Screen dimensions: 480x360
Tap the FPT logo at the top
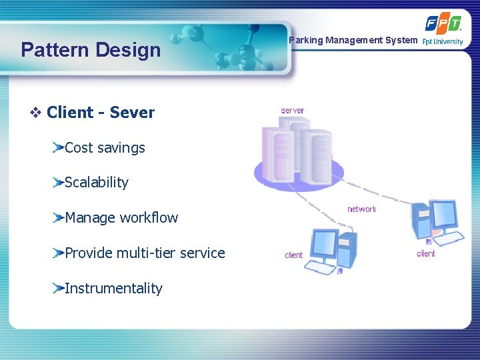click(x=443, y=24)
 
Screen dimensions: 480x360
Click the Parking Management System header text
click(x=353, y=40)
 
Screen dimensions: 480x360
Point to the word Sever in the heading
click(x=132, y=113)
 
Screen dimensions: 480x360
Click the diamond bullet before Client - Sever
click(x=36, y=113)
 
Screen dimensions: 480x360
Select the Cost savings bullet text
click(x=105, y=148)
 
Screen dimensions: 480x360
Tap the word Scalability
click(x=96, y=183)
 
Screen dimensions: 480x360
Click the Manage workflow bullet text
click(x=121, y=217)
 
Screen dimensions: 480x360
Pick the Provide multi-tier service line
click(x=145, y=253)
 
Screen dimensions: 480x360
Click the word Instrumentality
click(x=113, y=288)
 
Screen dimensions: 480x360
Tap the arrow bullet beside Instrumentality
click(x=59, y=288)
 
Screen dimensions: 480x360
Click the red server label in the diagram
click(x=293, y=111)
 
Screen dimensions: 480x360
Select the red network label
click(x=361, y=209)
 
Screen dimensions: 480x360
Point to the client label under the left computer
click(x=293, y=255)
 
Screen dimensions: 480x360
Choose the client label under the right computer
click(x=426, y=254)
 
